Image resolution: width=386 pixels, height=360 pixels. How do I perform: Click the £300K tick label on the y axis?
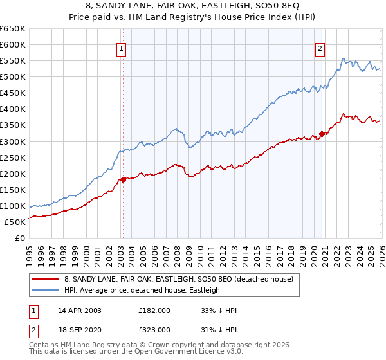click(13, 141)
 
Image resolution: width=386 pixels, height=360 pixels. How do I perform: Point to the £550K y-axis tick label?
click(13, 61)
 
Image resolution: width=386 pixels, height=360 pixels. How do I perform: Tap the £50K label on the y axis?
click(15, 222)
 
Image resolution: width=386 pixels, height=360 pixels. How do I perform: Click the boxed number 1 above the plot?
click(122, 47)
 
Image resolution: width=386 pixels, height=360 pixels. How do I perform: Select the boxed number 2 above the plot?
click(320, 47)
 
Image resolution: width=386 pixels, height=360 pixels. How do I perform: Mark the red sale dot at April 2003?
click(122, 179)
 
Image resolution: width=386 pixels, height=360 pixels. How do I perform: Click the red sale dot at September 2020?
click(322, 134)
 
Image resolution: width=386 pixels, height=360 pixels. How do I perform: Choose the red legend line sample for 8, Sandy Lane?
click(46, 279)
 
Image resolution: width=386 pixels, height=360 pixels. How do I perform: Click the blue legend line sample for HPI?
click(46, 290)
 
